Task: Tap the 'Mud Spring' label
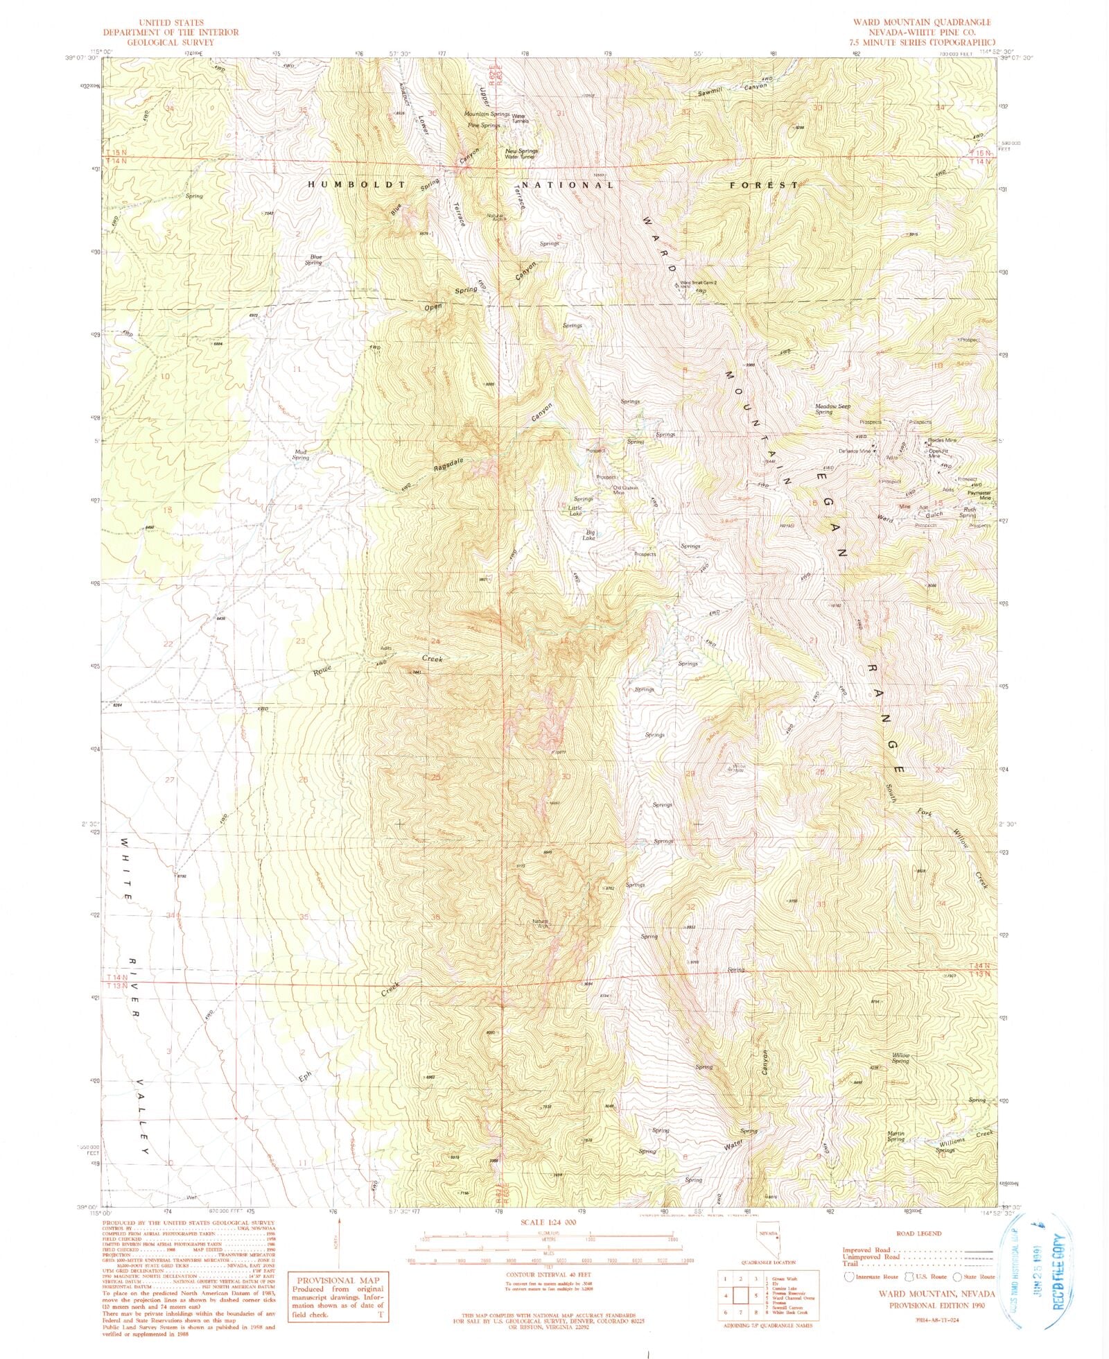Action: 300,455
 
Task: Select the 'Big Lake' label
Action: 588,535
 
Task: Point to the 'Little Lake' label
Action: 575,510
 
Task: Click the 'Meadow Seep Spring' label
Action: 832,409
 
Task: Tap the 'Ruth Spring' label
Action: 968,512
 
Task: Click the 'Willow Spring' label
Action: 900,1058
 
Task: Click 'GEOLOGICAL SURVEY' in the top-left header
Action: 171,42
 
